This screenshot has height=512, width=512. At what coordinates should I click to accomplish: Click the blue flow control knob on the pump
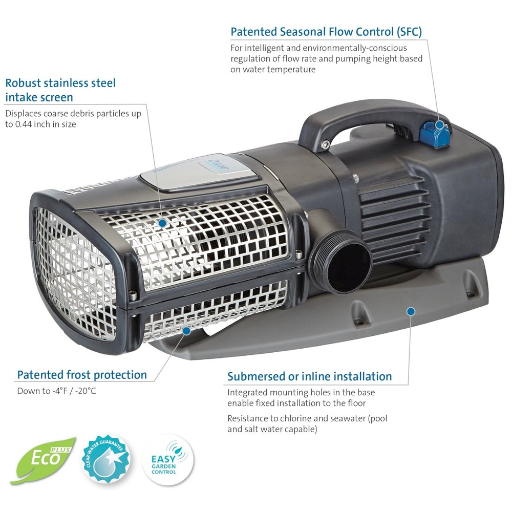(436, 133)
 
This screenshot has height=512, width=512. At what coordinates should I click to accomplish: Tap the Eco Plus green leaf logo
(43, 460)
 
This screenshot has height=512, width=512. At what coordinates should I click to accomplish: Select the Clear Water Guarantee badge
(105, 458)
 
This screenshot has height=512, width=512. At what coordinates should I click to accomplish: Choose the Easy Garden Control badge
(167, 460)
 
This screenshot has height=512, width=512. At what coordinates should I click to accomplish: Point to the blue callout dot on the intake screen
(162, 223)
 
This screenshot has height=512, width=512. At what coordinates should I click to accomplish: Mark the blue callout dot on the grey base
(411, 311)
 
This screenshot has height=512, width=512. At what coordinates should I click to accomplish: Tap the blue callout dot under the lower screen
(186, 331)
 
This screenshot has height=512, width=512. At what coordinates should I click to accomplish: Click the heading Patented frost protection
(82, 375)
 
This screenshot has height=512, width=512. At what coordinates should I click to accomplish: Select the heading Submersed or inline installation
(310, 376)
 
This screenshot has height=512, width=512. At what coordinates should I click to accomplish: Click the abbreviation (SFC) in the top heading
(409, 32)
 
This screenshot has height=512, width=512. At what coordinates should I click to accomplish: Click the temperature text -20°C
(85, 391)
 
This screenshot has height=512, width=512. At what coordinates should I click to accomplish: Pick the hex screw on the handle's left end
(326, 144)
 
